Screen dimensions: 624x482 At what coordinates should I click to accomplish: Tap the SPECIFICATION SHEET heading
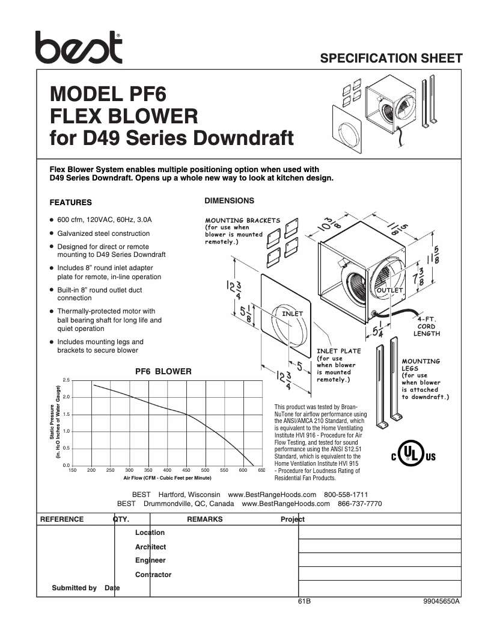coord(391,58)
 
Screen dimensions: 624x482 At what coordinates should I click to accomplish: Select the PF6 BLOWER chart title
coord(163,371)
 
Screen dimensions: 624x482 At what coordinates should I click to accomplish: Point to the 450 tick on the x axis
coord(186,470)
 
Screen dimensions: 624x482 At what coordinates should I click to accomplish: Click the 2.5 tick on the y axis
coord(66,380)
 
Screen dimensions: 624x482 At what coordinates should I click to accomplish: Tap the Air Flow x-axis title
coord(167,478)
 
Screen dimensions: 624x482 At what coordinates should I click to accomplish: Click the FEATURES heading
coord(70,203)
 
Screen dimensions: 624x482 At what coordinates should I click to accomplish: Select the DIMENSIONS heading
coord(230,200)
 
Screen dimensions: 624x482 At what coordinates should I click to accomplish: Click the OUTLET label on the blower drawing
coord(389,291)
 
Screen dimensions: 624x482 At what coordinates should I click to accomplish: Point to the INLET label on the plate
coord(293,314)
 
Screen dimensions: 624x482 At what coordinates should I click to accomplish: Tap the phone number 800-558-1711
coord(346,494)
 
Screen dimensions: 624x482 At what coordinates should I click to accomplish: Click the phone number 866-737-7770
coord(359,504)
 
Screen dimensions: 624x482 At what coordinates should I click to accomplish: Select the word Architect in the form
coord(150,547)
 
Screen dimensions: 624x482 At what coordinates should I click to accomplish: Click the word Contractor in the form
coord(153,575)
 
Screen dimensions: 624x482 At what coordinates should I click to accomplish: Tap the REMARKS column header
coord(204,519)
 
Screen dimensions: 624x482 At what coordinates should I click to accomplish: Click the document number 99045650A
coord(441,601)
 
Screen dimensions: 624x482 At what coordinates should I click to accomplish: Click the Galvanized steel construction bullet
coord(103,233)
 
